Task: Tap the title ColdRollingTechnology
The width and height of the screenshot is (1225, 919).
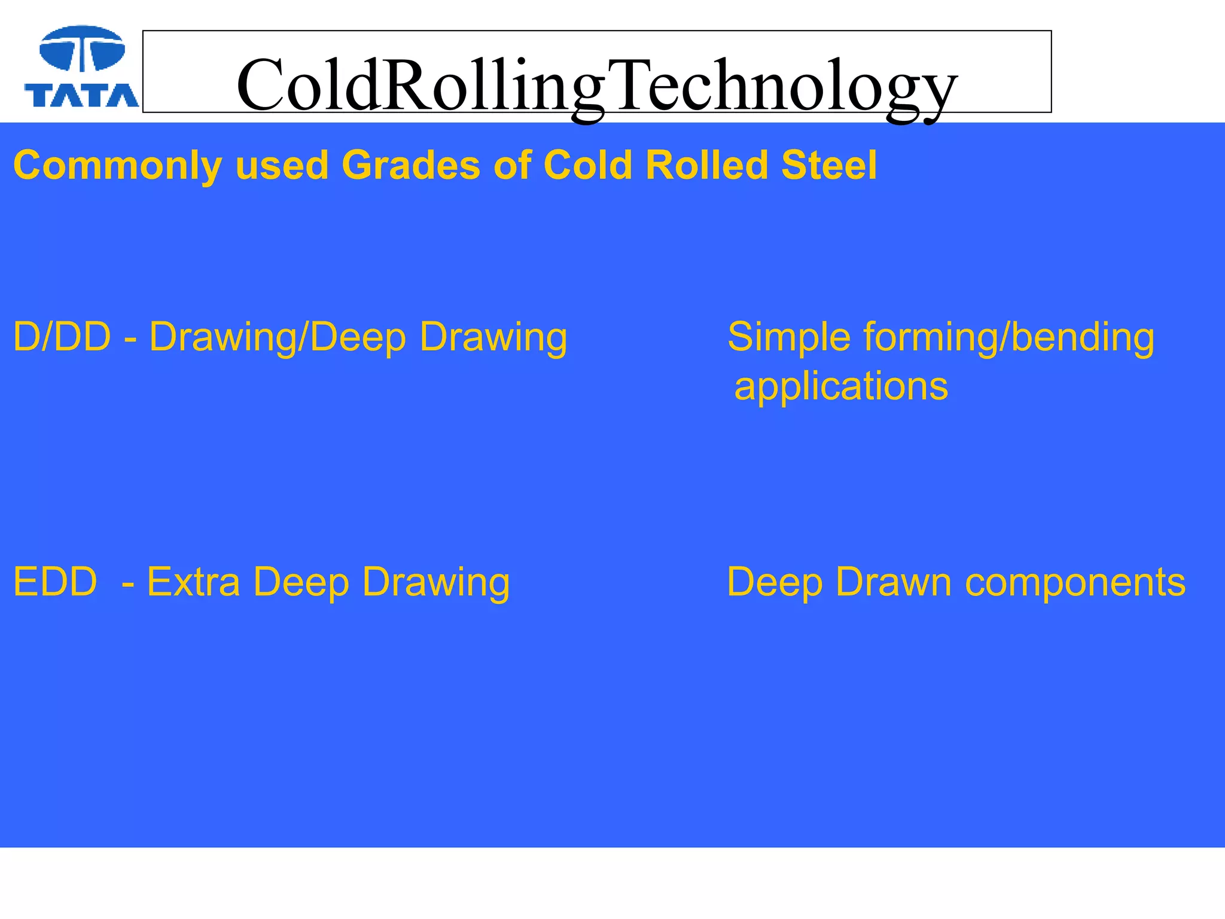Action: [x=596, y=86]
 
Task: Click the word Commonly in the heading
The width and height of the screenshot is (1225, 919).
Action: [x=117, y=166]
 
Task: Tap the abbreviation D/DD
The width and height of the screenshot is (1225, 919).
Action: [x=62, y=337]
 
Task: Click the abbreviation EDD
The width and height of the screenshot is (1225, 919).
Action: [x=55, y=582]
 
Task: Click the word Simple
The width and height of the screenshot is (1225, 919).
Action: [x=789, y=337]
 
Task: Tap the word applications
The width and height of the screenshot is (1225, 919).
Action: [x=841, y=387]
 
